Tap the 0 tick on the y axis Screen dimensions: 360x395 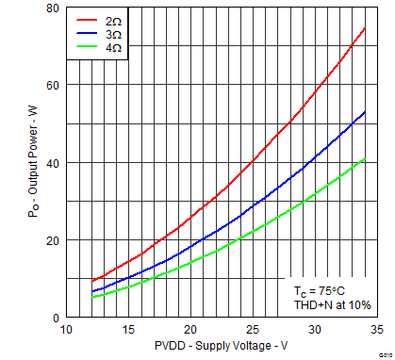pos(55,318)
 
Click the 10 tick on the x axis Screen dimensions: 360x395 pos(66,331)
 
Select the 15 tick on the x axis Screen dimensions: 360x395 pos(128,331)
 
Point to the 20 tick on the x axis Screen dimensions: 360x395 pos(190,331)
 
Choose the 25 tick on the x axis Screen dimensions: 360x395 pos(253,331)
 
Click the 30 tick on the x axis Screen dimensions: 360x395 pos(315,331)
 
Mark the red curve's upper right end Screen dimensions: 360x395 pos(365,28)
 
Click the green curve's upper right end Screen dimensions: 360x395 pos(365,159)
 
